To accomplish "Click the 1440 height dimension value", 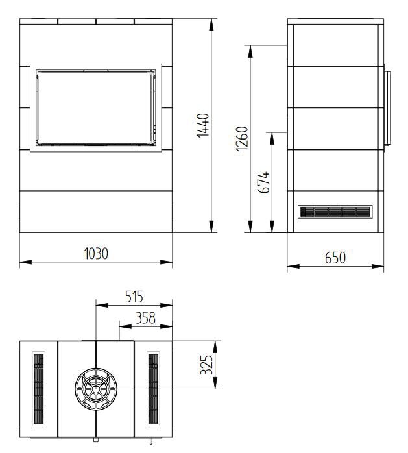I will click(202, 127).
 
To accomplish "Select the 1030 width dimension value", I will click(95, 253).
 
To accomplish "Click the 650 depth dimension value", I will click(335, 258).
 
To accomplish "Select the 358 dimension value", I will click(146, 318).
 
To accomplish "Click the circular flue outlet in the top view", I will click(96, 389).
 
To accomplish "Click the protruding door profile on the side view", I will click(386, 108).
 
